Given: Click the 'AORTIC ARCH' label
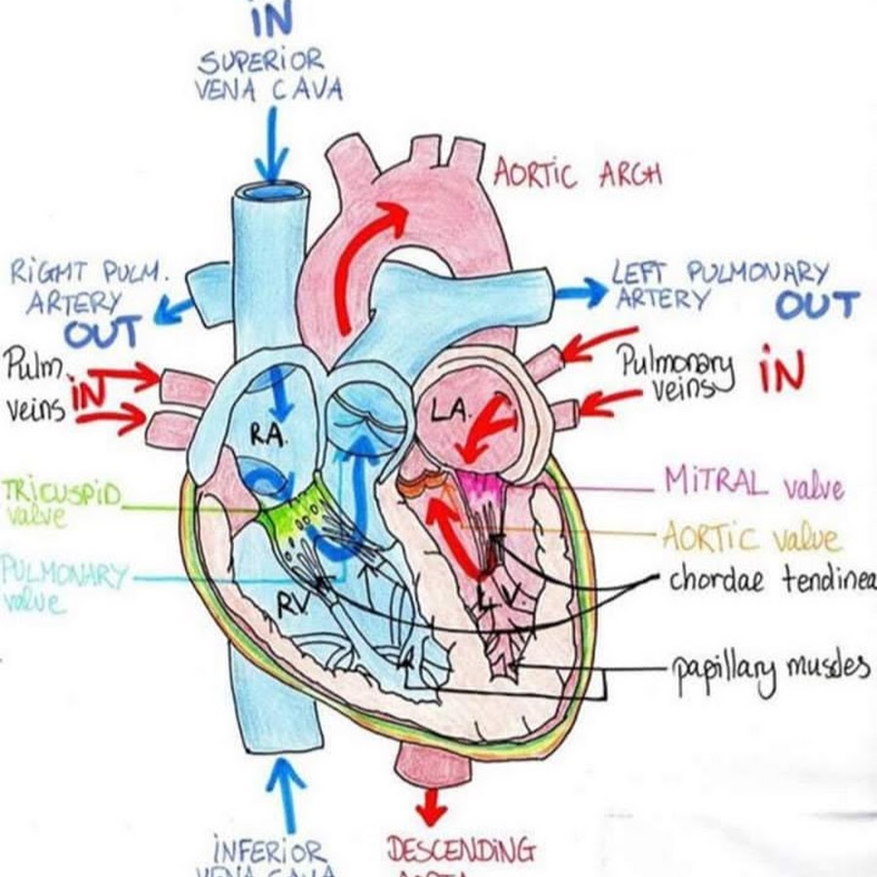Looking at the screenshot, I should pos(577,173).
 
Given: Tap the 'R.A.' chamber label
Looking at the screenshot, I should pos(267,436).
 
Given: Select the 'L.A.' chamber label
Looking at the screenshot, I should pos(451,414).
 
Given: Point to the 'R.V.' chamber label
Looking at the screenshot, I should pos(291,606).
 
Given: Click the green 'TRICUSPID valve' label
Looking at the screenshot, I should pos(60,502).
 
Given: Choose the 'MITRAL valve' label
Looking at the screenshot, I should pos(752,482).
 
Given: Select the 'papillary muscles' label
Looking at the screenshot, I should pos(769,668).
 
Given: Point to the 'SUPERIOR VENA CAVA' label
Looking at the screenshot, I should pos(270,76).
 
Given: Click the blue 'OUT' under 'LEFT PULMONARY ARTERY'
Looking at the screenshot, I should pos(817,305).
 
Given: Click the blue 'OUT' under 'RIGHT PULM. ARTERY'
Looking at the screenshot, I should pos(102,333).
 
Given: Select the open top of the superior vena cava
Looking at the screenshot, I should pos(273,191).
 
